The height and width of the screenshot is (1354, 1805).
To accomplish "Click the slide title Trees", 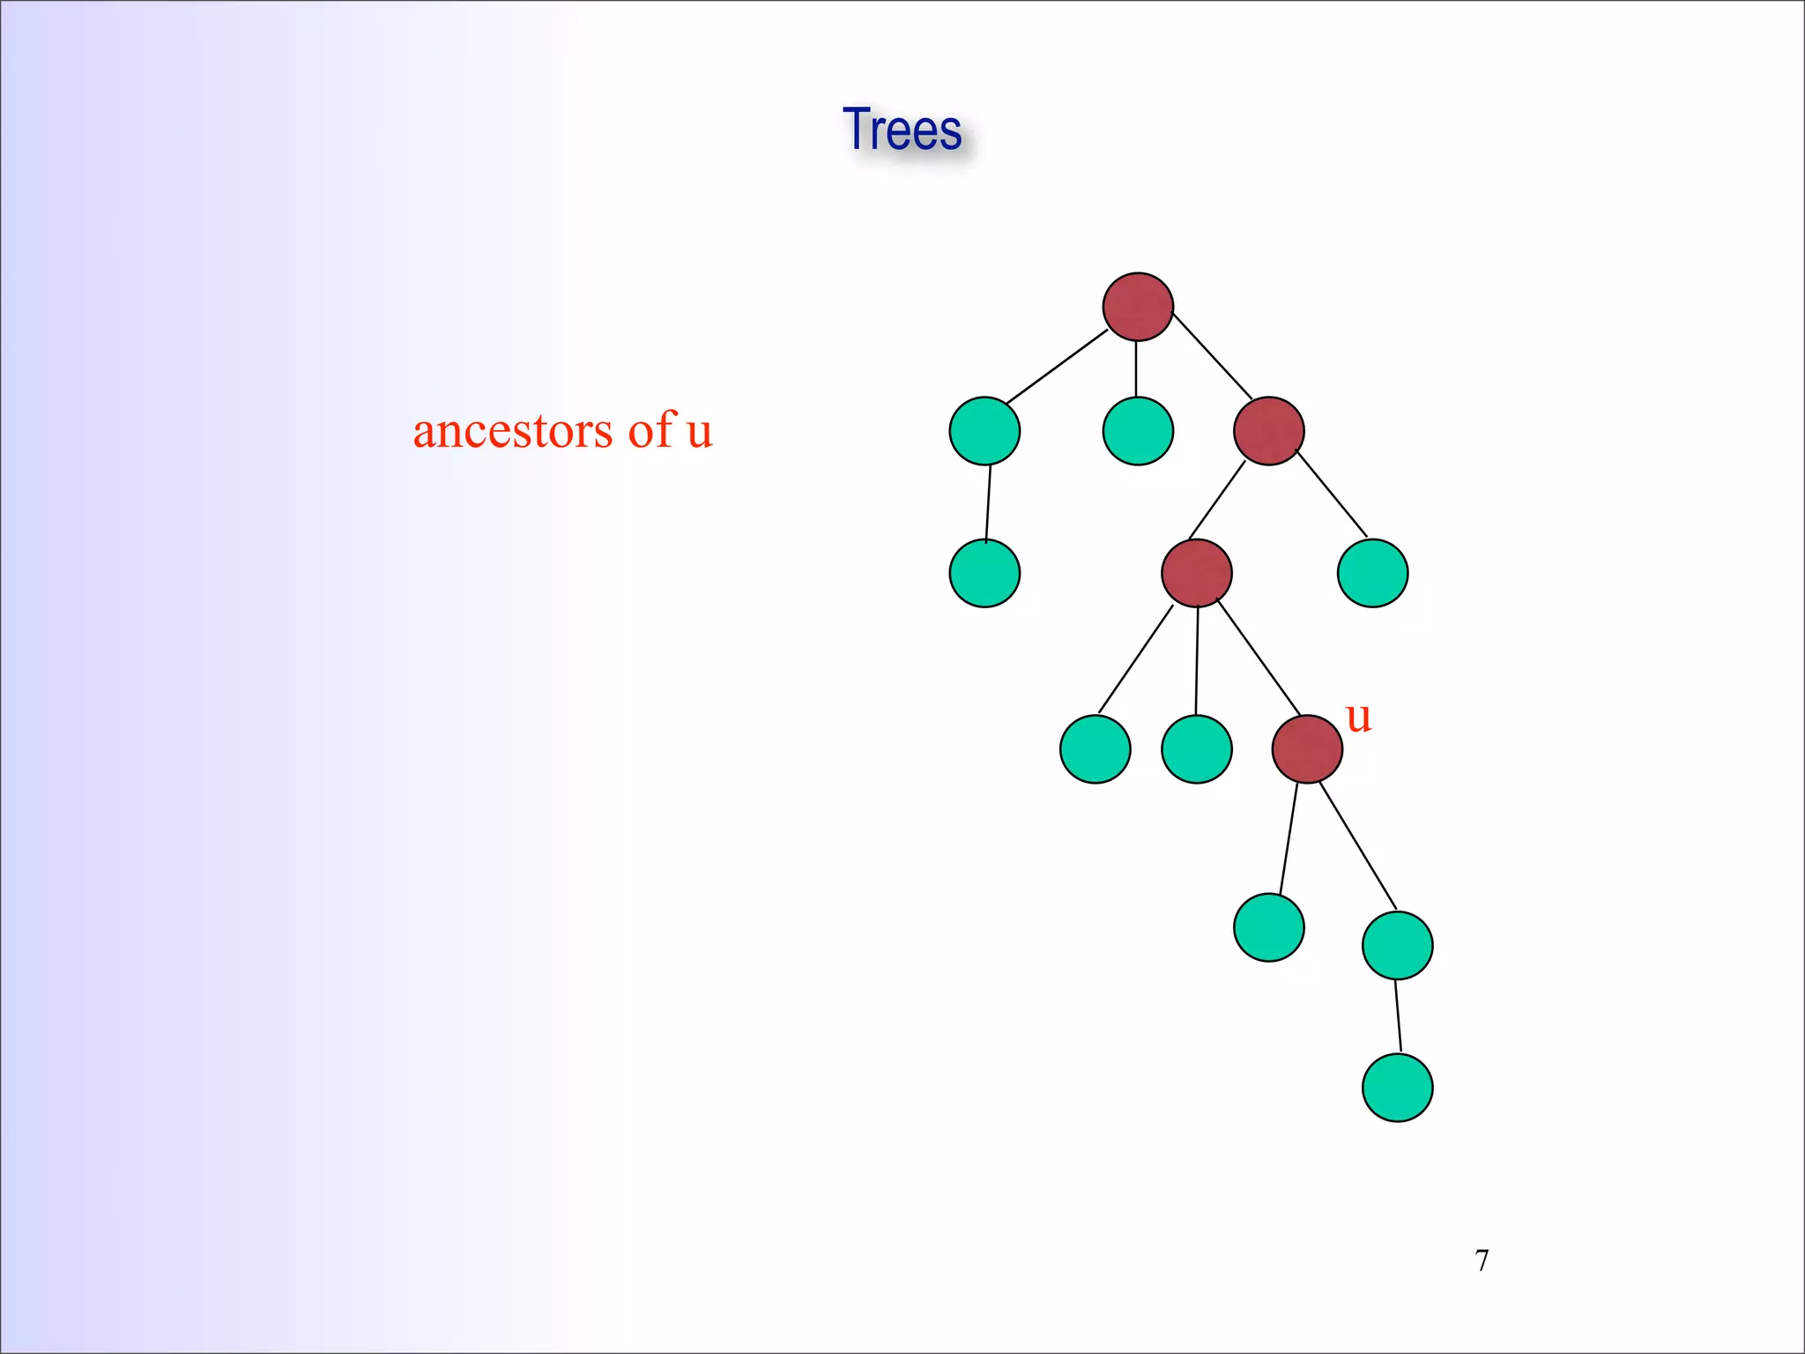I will point(902,130).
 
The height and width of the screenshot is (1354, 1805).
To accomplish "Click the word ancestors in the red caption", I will point(512,431).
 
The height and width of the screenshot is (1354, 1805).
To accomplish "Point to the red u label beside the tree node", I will point(1358,718).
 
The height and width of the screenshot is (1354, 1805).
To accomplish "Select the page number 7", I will point(1482,1261).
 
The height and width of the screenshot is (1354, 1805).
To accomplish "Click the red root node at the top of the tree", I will point(1138,307).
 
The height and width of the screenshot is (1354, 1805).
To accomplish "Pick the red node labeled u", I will point(1307,749).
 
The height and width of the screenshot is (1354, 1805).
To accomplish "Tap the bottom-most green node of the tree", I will point(1397,1088).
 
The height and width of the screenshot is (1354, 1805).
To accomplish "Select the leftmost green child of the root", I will point(984,431).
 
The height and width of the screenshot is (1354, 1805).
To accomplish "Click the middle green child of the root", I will point(1138,431).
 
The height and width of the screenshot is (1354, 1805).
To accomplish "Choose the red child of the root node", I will point(1269,431).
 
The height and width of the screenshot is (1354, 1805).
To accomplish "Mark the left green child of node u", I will point(1269,927).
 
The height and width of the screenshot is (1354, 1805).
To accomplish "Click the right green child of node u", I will point(1397,945).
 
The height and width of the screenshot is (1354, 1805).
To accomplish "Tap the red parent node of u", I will point(1197,573).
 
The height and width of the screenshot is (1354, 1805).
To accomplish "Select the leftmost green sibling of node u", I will point(1095,749).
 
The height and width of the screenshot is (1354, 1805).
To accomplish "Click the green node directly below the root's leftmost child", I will point(984,573).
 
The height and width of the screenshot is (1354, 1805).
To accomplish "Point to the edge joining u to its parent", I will point(1259,657).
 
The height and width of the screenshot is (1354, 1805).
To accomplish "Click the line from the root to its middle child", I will point(1136,368).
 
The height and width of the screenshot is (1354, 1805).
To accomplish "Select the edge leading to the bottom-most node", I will point(1398,1015).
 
